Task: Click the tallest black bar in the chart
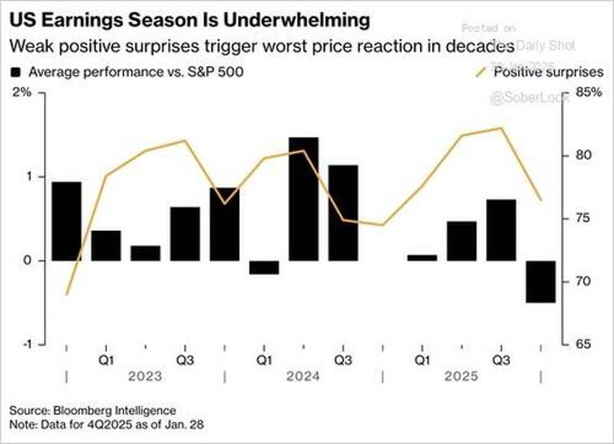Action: tap(304, 199)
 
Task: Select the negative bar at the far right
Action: tap(541, 281)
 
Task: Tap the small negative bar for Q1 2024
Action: tap(264, 267)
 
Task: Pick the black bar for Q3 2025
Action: tap(502, 230)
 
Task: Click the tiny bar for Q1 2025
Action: tap(422, 258)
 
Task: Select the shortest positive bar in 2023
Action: tap(146, 253)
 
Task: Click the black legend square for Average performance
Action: tap(17, 72)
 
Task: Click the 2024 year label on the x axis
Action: tap(303, 375)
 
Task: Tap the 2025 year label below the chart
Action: tap(462, 375)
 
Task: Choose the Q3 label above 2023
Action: tap(185, 359)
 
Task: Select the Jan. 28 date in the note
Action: tap(190, 424)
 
